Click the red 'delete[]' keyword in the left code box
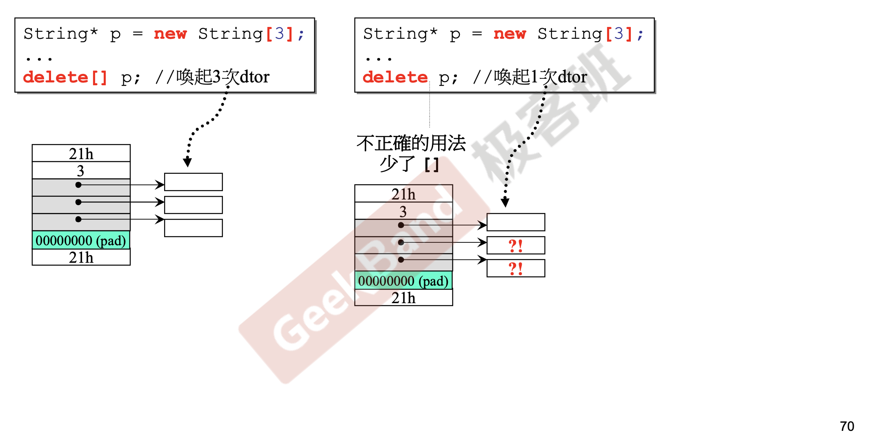click(65, 77)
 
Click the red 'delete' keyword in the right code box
click(395, 77)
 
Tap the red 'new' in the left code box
click(170, 34)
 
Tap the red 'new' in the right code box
click(510, 34)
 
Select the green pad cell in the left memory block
click(81, 240)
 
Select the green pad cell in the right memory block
click(403, 281)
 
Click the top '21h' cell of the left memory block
click(81, 153)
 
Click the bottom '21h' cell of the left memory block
click(81, 257)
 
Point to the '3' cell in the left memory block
click(81, 171)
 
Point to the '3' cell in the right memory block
click(403, 211)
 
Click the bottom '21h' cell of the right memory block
click(403, 298)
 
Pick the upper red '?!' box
click(516, 246)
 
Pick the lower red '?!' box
click(516, 268)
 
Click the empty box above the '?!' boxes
click(516, 222)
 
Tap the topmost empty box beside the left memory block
click(194, 182)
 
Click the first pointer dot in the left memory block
click(78, 185)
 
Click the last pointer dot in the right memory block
click(401, 259)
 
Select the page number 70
click(847, 426)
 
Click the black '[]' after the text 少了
click(432, 165)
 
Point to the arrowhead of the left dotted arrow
click(187, 163)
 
